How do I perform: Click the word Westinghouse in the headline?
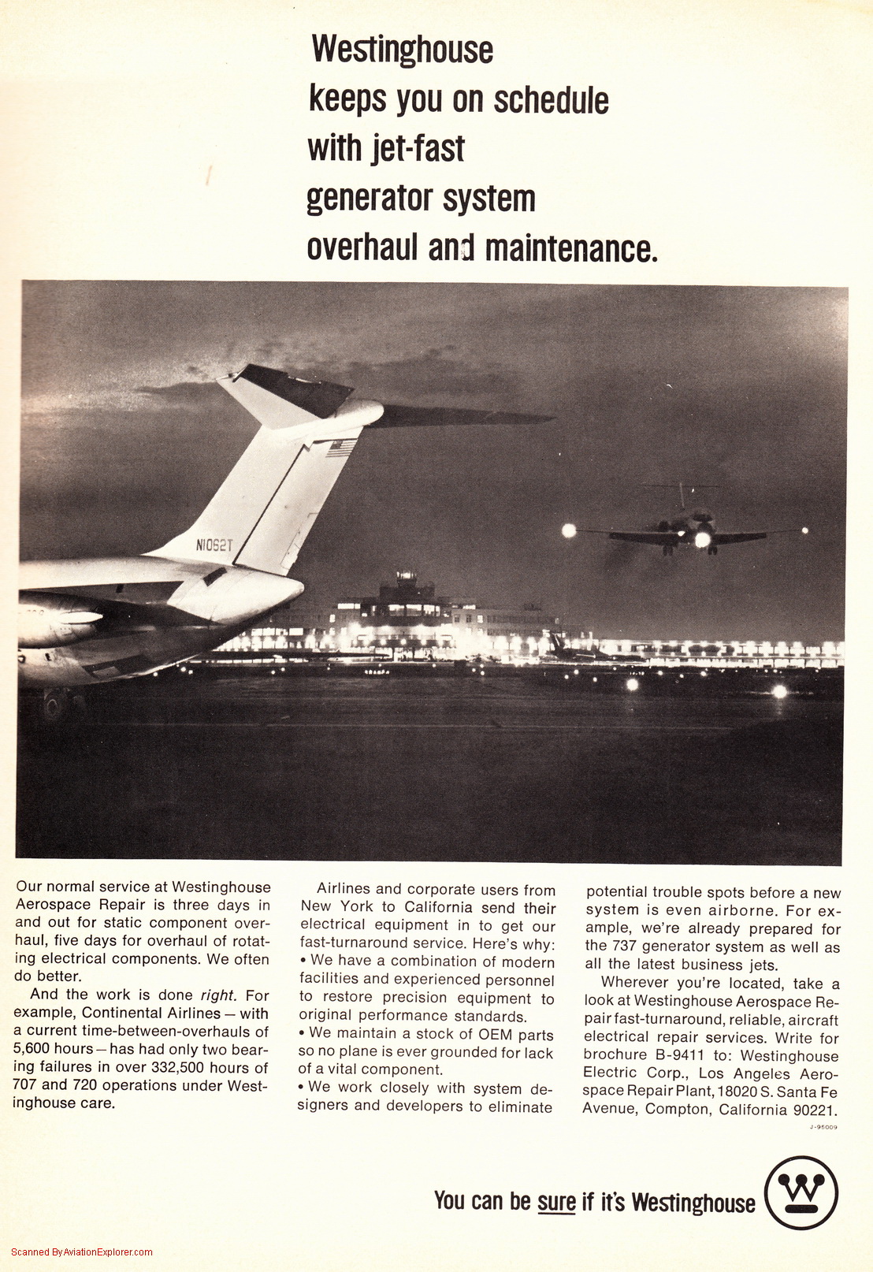[402, 50]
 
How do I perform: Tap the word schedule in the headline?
[551, 100]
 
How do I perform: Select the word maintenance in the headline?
[570, 248]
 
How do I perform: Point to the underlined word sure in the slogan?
[556, 1201]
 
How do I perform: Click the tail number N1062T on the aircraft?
[214, 545]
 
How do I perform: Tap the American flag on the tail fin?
[342, 448]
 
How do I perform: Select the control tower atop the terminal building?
[406, 584]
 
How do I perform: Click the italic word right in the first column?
[217, 995]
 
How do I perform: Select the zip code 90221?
[814, 1110]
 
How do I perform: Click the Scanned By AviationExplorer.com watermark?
[82, 1252]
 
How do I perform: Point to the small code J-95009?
[823, 1127]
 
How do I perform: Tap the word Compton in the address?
[677, 1110]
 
